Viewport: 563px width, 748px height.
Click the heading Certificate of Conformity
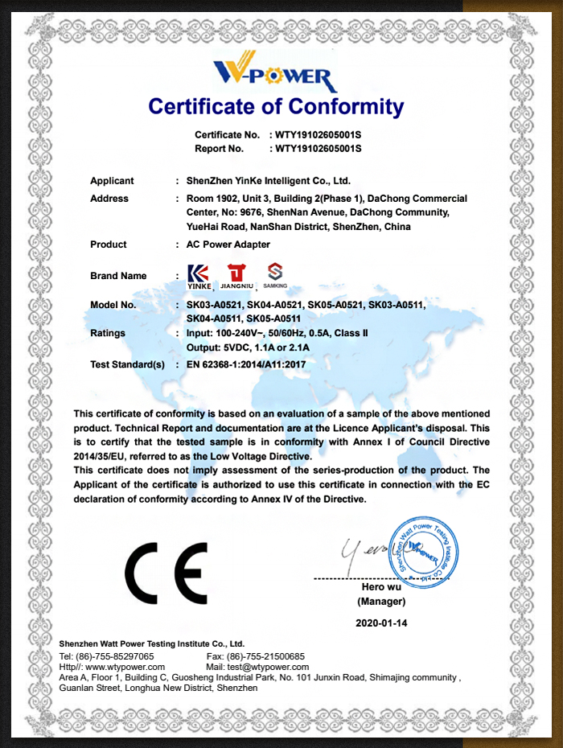[x=276, y=106]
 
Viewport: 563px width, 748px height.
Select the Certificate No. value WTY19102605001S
[x=318, y=135]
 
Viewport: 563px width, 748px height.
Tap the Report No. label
[x=219, y=149]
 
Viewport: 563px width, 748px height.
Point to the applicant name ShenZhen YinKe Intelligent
[x=268, y=181]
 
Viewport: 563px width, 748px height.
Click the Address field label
[x=109, y=199]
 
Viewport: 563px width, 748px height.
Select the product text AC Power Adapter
[x=228, y=245]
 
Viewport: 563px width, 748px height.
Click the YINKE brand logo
[x=199, y=276]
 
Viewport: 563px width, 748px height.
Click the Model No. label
[x=113, y=305]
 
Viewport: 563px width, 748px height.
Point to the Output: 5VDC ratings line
[x=248, y=347]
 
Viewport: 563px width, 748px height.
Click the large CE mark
[x=166, y=573]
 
